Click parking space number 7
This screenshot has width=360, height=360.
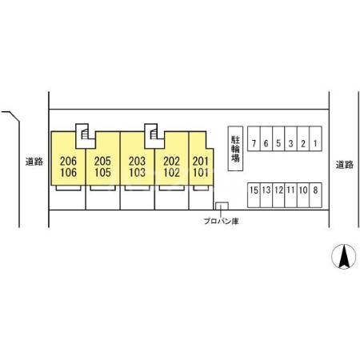pyautogui.click(x=254, y=139)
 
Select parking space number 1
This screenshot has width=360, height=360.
pyautogui.click(x=315, y=139)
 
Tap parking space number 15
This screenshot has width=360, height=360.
pyautogui.click(x=254, y=195)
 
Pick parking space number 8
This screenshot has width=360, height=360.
pyautogui.click(x=315, y=195)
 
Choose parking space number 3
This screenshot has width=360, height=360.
pyautogui.click(x=290, y=139)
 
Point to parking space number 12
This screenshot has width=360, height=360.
pyautogui.click(x=278, y=195)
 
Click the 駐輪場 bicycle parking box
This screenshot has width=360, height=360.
pyautogui.click(x=235, y=149)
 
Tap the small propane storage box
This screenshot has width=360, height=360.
pyautogui.click(x=222, y=206)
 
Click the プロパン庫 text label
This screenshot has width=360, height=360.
pyautogui.click(x=221, y=222)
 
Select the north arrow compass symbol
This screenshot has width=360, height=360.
pyautogui.click(x=344, y=256)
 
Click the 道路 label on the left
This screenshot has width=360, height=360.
pyautogui.click(x=34, y=162)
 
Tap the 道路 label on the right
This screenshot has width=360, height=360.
pyautogui.click(x=345, y=165)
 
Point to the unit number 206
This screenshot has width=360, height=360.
pyautogui.click(x=68, y=161)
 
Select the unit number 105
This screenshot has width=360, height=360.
pyautogui.click(x=102, y=173)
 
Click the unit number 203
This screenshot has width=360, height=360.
pyautogui.click(x=137, y=161)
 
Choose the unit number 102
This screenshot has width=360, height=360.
pyautogui.click(x=171, y=173)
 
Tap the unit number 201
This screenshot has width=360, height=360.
pyautogui.click(x=201, y=161)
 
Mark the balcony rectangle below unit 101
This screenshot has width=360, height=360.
pyautogui.click(x=201, y=188)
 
